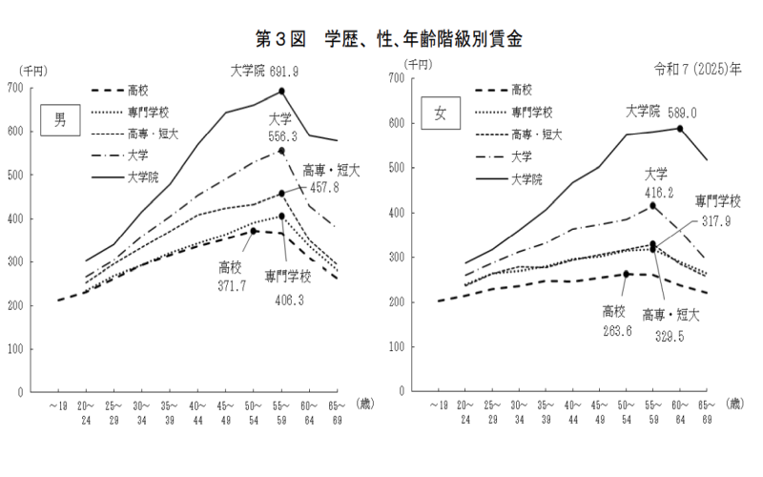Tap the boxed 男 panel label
60,121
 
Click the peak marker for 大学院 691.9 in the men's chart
282,92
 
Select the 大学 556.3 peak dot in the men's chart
282,150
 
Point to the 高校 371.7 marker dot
254,231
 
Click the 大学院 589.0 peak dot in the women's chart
680,128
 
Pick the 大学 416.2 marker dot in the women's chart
653,206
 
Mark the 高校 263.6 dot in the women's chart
627,274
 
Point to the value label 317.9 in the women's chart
719,221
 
